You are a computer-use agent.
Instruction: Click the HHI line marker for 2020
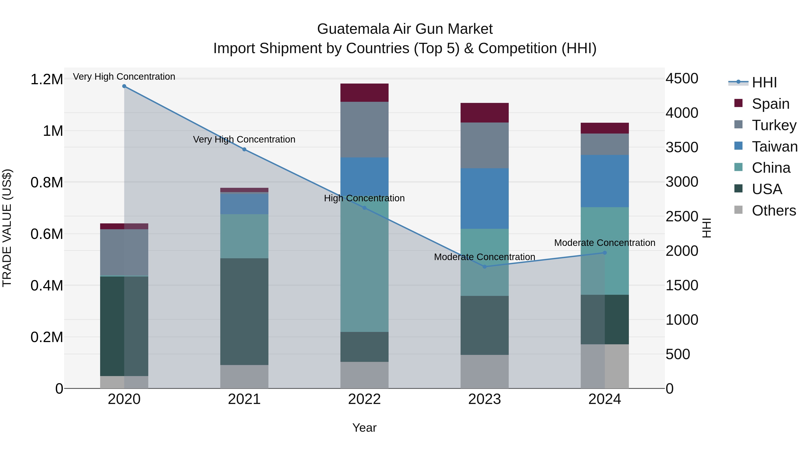tap(124, 86)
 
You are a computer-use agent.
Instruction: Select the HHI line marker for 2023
tap(485, 267)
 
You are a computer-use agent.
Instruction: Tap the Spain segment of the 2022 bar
tap(364, 93)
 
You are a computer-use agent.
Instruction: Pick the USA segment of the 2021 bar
tap(244, 312)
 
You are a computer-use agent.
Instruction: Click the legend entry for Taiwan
tap(774, 147)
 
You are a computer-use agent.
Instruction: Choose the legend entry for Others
tap(774, 211)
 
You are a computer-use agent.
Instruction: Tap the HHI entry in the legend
tap(764, 82)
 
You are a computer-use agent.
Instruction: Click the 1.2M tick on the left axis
tap(47, 79)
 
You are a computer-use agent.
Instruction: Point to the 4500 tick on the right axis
tap(682, 78)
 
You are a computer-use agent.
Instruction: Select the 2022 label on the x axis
tap(364, 399)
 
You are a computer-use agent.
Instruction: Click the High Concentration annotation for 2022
tap(364, 198)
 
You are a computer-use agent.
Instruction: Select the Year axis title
tap(364, 428)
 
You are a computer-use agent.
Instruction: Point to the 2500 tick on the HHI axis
tap(682, 216)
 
